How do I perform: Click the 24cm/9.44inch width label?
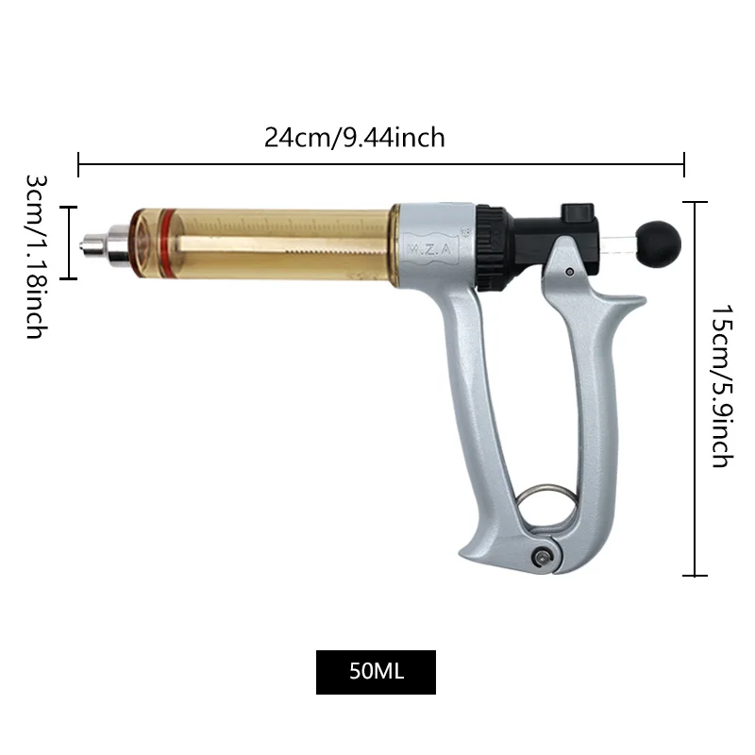pos(354,138)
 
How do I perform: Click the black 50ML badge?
pos(376,672)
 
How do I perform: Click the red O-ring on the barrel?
pos(167,240)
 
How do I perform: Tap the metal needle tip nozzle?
pos(92,245)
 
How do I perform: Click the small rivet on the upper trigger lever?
pos(570,273)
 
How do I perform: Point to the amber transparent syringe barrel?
pos(274,242)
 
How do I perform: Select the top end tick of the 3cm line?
pos(68,206)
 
